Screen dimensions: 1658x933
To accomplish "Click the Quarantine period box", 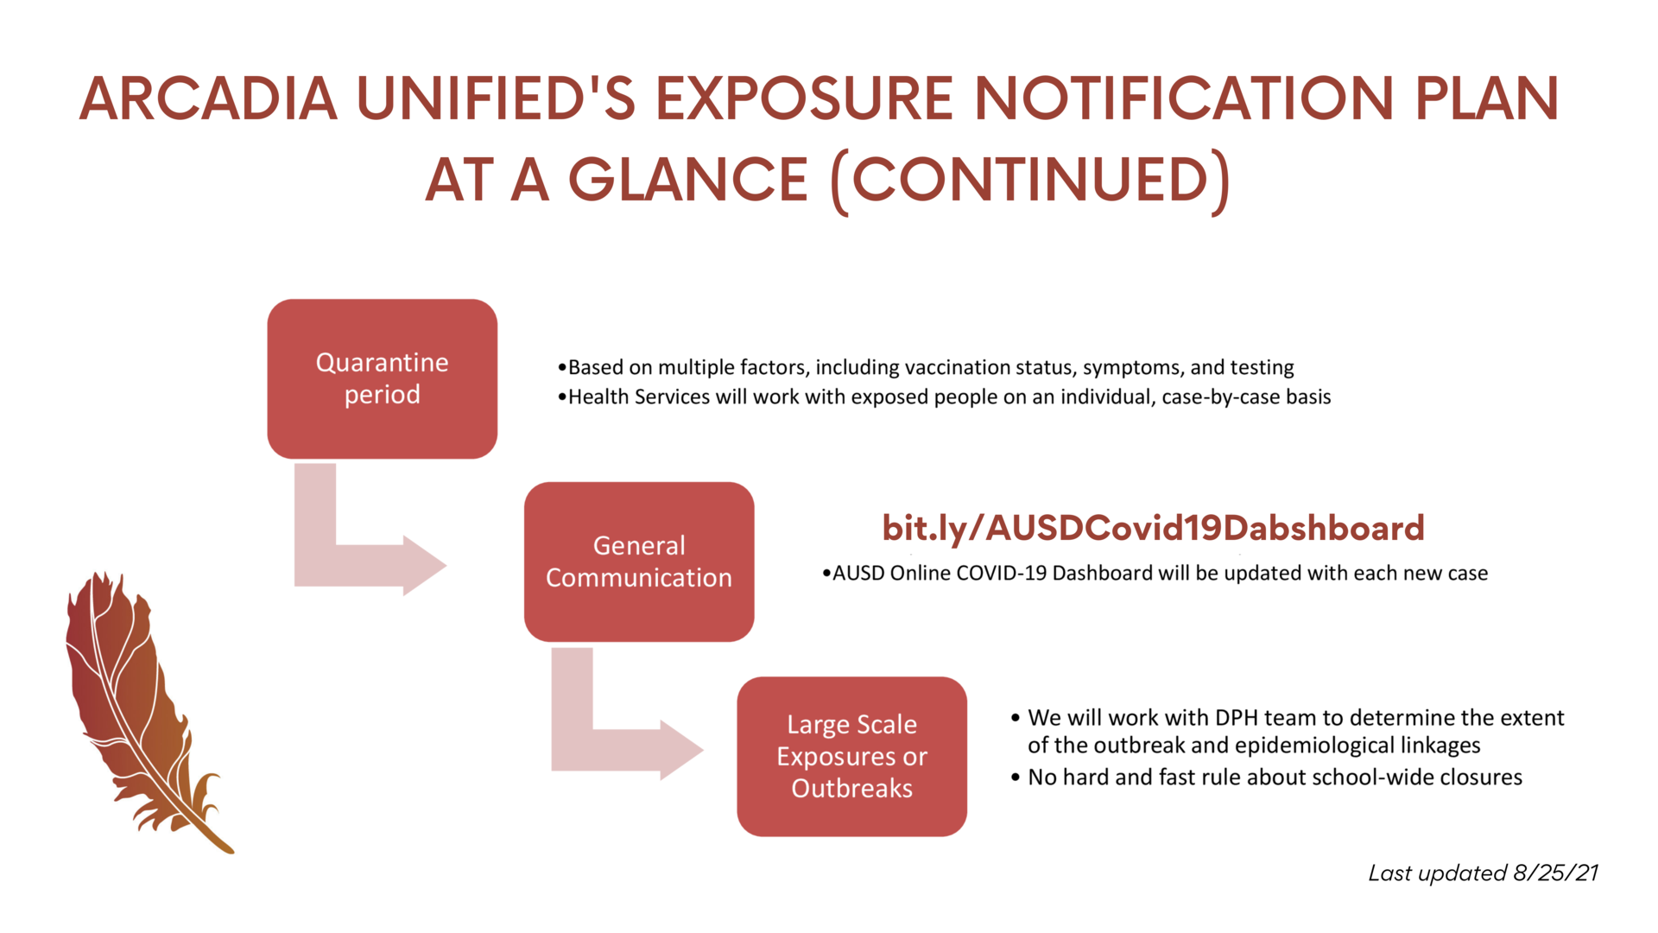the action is tap(382, 378).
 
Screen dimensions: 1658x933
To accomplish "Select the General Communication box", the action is tap(639, 562).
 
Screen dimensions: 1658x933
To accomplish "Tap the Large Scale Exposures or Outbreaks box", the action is tap(851, 756).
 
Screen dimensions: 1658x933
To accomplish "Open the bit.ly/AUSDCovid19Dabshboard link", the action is tap(1153, 528).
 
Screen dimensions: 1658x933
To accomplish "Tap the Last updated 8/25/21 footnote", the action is tap(1483, 873).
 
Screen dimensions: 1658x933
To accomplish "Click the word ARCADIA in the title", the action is tap(208, 98).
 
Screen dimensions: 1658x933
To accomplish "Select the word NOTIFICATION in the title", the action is tap(1184, 98).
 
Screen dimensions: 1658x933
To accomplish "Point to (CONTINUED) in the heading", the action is tap(1030, 181).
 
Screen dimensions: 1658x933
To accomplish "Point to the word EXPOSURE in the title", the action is tap(804, 98).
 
